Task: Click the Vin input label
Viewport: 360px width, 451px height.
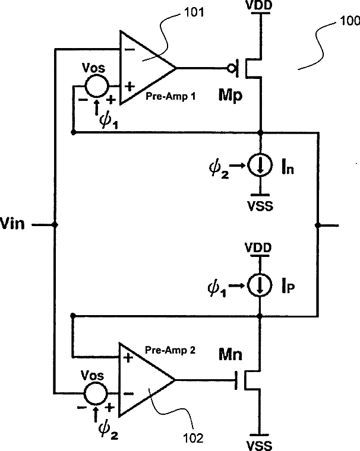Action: (x=12, y=224)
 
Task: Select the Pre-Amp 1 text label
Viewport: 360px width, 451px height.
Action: (x=170, y=96)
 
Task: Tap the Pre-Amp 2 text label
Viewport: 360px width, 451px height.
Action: (x=170, y=350)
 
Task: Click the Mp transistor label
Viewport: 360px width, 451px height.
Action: (x=230, y=95)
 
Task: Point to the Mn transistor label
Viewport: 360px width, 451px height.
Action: (x=230, y=354)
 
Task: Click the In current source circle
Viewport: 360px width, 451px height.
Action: (x=260, y=165)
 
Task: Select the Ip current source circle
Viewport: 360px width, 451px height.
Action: (x=260, y=285)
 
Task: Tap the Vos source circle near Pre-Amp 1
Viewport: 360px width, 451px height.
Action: (x=96, y=85)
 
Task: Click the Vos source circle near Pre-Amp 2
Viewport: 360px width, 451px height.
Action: (x=96, y=393)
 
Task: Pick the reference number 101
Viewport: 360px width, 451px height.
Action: (x=194, y=12)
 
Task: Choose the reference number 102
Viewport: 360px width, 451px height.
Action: (x=193, y=438)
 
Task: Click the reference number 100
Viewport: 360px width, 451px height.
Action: (x=350, y=21)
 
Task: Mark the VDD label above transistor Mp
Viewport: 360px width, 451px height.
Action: (x=259, y=5)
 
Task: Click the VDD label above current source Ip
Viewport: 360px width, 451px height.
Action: (x=258, y=247)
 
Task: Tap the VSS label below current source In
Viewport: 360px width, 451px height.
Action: (x=260, y=207)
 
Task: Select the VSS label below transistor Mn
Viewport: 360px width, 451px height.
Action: (x=259, y=446)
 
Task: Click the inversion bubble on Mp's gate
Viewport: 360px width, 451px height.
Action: (x=231, y=68)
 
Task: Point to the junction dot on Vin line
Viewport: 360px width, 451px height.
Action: (x=55, y=225)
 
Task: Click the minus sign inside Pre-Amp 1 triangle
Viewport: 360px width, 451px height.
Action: (x=130, y=49)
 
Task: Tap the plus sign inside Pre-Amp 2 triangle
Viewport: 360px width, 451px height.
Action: (x=128, y=358)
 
